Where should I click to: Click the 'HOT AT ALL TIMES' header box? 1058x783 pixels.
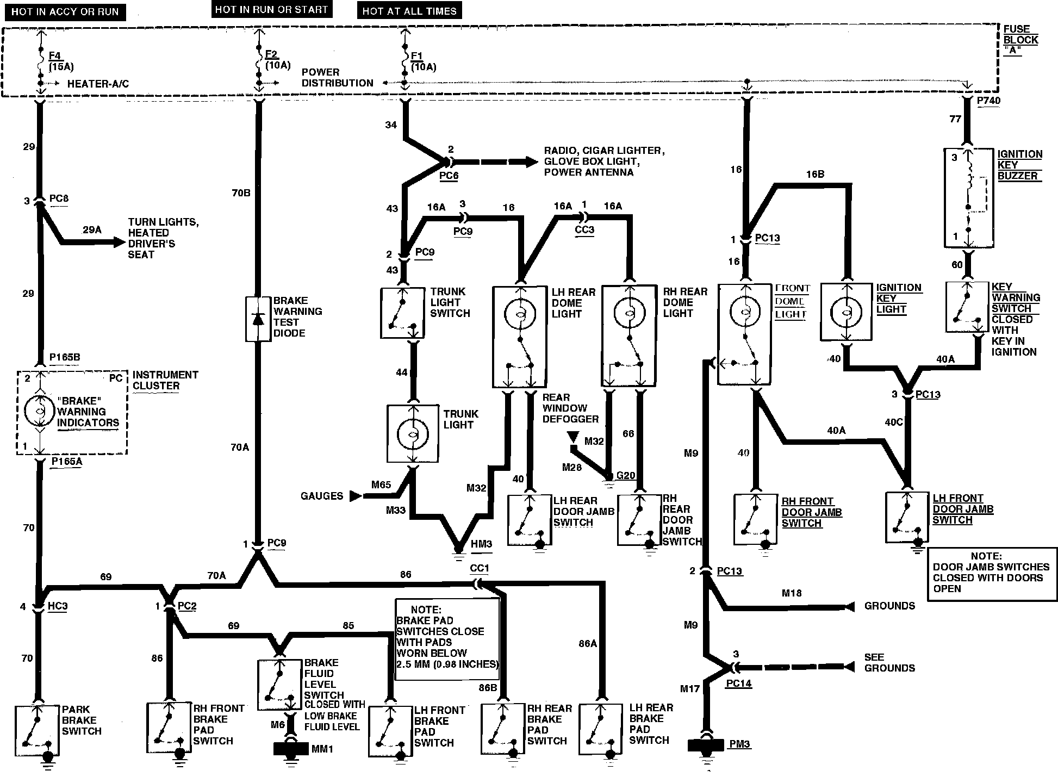pos(409,11)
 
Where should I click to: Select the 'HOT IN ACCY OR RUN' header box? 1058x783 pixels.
pos(65,12)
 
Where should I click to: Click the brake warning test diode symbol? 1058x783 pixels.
pos(258,319)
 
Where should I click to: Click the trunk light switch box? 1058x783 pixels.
pos(402,313)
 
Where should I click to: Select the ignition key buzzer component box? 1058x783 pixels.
pos(968,198)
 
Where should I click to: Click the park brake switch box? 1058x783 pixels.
pos(37,730)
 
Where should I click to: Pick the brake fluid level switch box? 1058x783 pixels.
pos(279,684)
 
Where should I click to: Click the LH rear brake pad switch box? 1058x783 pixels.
pos(600,729)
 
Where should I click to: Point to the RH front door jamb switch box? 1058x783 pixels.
pos(755,519)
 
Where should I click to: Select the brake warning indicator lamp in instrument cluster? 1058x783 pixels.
pos(40,411)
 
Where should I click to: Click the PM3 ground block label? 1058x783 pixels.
pos(739,744)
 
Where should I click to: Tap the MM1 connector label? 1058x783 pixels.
pos(322,749)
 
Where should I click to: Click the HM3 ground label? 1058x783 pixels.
pos(481,544)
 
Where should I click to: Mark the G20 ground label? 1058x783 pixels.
pos(625,476)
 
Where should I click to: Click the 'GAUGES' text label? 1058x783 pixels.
pos(322,496)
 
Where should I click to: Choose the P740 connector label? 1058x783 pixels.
pos(988,101)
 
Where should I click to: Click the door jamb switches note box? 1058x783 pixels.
pos(992,574)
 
